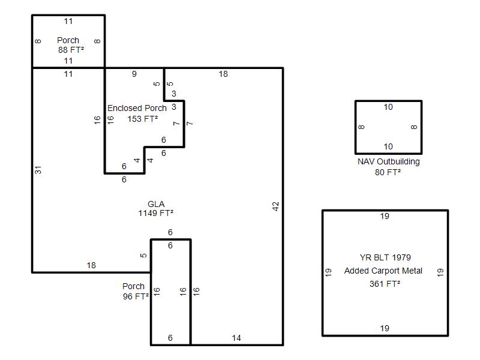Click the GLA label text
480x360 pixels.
(156, 204)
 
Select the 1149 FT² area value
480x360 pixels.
(156, 213)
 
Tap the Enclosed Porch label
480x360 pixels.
(137, 109)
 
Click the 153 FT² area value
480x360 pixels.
(143, 119)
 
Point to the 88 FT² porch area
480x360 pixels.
(71, 50)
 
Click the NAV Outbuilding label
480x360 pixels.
(388, 161)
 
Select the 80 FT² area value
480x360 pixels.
(388, 172)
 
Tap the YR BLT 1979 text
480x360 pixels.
(385, 257)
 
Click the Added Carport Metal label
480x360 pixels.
(383, 271)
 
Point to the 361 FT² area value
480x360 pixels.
(385, 284)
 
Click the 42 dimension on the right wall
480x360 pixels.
(276, 206)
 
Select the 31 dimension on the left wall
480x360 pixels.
(38, 170)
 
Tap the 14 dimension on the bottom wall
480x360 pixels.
(236, 338)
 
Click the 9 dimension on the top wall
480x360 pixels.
(134, 74)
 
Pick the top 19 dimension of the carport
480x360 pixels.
(385, 217)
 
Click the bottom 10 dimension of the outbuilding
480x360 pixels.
(388, 146)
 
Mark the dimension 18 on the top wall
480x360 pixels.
(223, 74)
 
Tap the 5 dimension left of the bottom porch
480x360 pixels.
(143, 256)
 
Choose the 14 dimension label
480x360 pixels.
(236, 338)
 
